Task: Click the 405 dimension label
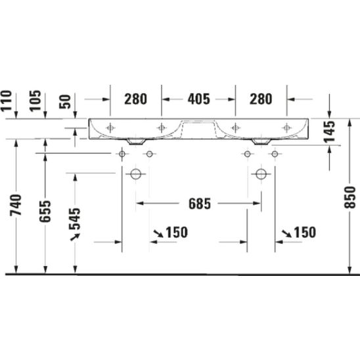[199, 99]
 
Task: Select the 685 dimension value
[200, 204]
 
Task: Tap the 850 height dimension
[350, 198]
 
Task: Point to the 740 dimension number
[16, 205]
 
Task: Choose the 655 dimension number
[45, 212]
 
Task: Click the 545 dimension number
[75, 219]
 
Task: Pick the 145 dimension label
[330, 131]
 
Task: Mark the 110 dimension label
[6, 101]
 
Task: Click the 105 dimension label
[35, 101]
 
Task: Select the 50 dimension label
[65, 102]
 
